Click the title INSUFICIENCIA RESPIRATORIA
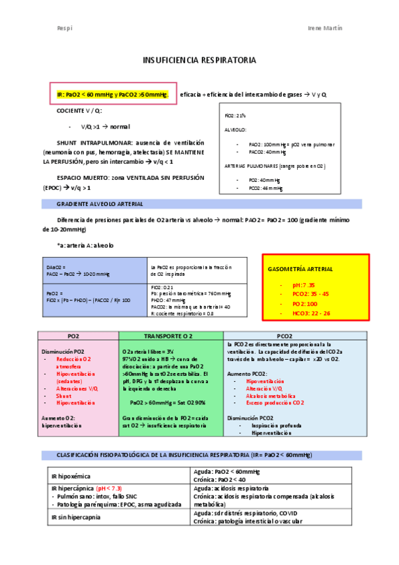pos(199,61)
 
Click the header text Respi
pos(64,29)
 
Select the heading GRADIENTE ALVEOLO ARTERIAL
pos(100,203)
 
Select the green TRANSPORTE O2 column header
pos(169,336)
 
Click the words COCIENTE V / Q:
pos(79,111)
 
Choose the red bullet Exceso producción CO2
pos(274,402)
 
